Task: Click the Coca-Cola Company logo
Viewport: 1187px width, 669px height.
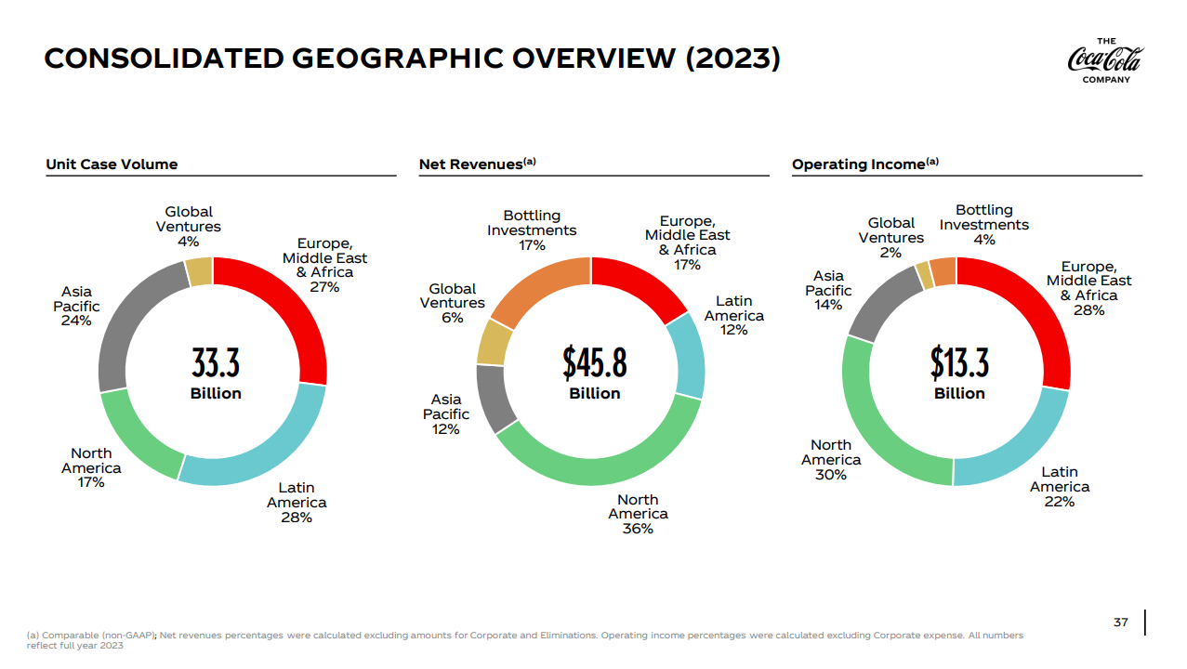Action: [x=1105, y=59]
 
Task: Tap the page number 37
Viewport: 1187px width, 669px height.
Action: [x=1120, y=622]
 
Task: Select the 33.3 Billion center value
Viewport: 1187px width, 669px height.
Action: [x=216, y=373]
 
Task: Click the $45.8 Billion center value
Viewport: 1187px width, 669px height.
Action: [x=594, y=373]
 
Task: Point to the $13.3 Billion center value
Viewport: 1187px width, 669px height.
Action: [x=959, y=373]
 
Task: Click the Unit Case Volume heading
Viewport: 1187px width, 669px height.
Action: [x=112, y=164]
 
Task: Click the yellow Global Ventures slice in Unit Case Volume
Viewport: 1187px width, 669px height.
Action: [x=199, y=272]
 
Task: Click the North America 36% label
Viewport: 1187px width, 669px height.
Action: [x=638, y=514]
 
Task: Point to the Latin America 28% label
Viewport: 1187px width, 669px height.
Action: [x=297, y=503]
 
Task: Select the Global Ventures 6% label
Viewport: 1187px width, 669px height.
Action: [x=452, y=304]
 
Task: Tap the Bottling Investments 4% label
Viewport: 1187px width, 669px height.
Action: [x=983, y=225]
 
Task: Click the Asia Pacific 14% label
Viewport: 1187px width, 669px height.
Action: [x=827, y=290]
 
